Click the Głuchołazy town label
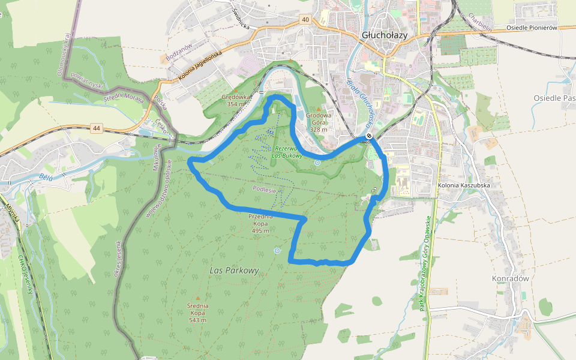[x=385, y=35]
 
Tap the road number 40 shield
[x=306, y=20]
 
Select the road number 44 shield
[x=96, y=128]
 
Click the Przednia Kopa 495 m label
[x=260, y=223]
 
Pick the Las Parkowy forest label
[x=235, y=271]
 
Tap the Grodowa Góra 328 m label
[x=319, y=122]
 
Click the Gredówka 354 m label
[x=236, y=100]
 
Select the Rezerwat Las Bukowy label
[x=286, y=152]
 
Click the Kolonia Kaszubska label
[x=464, y=186]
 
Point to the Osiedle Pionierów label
[x=532, y=28]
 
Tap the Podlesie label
[x=264, y=190]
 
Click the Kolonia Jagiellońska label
[x=200, y=66]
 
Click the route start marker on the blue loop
[x=368, y=137]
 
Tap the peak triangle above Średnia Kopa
[x=197, y=298]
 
